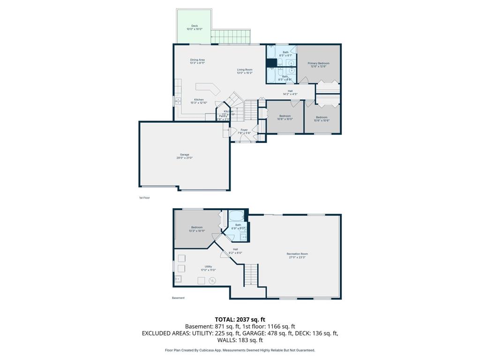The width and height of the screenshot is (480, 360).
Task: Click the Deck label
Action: [x=195, y=26]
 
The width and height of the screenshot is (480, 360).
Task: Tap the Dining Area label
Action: [x=197, y=60]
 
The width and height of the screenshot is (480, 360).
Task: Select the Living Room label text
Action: [x=245, y=70]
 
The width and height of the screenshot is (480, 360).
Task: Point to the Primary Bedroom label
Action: [x=318, y=63]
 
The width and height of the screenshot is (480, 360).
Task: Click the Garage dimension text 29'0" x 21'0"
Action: [x=184, y=158]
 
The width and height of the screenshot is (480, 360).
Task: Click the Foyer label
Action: [x=244, y=130]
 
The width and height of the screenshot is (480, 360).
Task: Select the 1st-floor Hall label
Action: [x=290, y=91]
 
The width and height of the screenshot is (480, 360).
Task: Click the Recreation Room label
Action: [x=297, y=254]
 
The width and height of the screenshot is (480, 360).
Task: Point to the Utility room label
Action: [x=208, y=266]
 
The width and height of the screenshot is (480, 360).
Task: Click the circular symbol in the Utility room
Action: [x=212, y=280]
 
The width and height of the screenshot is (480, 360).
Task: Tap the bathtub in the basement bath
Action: [x=236, y=217]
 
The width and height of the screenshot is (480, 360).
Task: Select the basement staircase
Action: [x=251, y=275]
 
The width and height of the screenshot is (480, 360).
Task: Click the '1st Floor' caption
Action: [x=144, y=198]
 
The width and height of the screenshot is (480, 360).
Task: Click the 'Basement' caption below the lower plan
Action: [x=178, y=298]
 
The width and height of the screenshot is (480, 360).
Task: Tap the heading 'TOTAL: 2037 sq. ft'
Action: [x=240, y=319]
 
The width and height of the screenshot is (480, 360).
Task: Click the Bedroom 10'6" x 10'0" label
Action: [x=285, y=116]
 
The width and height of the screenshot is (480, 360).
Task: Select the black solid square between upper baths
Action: [x=271, y=63]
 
